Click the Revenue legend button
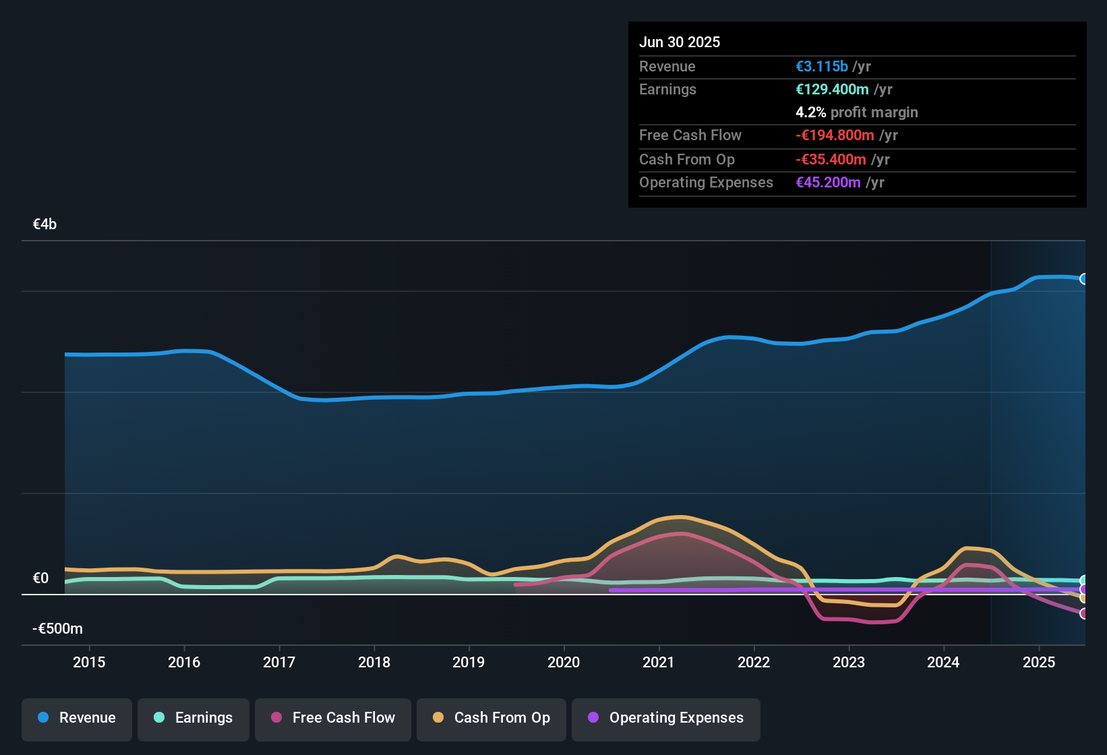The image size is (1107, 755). (x=77, y=718)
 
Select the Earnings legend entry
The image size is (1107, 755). (x=193, y=718)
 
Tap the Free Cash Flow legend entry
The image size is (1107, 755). (x=333, y=718)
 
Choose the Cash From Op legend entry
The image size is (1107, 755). (x=491, y=718)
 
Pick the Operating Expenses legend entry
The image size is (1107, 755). (x=666, y=718)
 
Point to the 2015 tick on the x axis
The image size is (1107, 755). (x=89, y=662)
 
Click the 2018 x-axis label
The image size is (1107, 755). (x=374, y=662)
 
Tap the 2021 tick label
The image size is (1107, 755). (x=659, y=662)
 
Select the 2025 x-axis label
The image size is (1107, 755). (x=1039, y=662)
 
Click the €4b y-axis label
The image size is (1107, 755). (x=45, y=224)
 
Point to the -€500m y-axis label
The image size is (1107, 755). (x=58, y=629)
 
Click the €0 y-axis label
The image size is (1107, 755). (x=41, y=578)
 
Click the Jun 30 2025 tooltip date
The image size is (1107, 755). (x=680, y=42)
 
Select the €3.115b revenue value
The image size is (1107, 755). (x=822, y=67)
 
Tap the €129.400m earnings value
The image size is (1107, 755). (x=832, y=90)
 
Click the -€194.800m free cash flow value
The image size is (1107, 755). (x=835, y=135)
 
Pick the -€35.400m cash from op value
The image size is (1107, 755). (x=831, y=160)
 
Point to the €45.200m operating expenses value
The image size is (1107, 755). (x=828, y=183)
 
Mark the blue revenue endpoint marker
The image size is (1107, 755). (x=1083, y=279)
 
